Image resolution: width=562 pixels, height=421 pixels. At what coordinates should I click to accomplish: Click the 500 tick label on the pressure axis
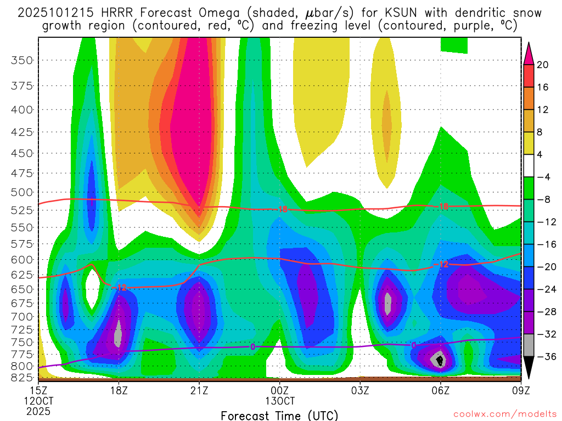point(22,192)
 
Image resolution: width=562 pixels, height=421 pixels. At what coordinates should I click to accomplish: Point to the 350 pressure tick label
point(22,60)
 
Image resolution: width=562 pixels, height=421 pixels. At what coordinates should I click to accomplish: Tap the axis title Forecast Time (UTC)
point(279,415)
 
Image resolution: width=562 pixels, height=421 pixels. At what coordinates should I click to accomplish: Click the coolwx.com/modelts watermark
point(504,414)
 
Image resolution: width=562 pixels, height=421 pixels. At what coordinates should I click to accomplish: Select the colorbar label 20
point(543,65)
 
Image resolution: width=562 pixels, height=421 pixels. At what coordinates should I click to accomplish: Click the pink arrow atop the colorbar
point(529,53)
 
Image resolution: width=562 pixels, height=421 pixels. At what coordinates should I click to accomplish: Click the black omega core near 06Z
point(439,361)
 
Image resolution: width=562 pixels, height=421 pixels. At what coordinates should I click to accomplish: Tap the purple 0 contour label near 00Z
point(252,346)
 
